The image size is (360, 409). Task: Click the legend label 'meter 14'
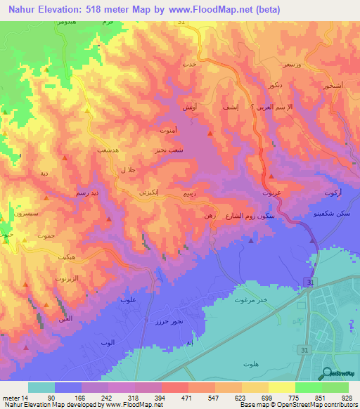15,398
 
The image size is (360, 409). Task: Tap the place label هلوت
250,363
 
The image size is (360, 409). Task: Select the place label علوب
128,300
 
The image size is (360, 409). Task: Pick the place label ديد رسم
87,190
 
